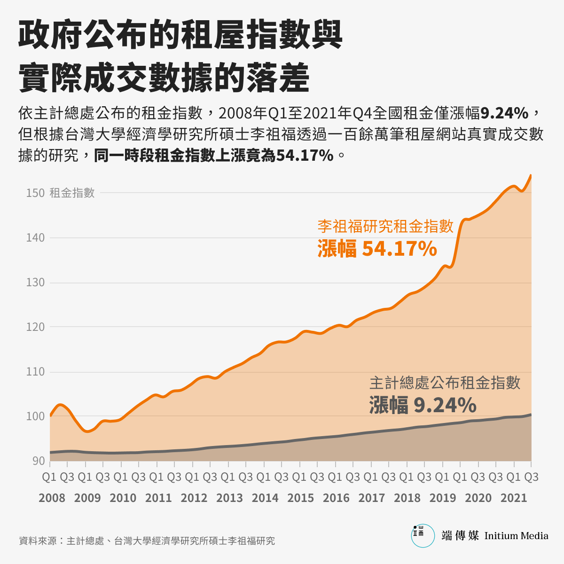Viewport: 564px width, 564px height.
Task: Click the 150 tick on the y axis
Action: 35,193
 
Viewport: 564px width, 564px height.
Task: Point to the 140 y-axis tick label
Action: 35,238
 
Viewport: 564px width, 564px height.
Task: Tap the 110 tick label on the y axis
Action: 35,372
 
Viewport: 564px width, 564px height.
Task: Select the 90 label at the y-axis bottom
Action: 39,461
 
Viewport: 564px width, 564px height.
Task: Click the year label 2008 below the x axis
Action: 52,498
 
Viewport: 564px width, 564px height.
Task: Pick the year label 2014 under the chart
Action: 265,498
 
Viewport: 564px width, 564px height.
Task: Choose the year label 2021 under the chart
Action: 514,498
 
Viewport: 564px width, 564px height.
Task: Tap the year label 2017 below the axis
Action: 372,498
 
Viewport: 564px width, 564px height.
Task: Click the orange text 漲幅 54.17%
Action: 377,249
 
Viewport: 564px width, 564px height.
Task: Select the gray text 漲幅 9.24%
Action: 423,405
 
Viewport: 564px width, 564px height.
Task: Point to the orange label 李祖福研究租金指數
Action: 385,226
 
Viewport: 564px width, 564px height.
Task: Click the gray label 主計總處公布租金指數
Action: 445,383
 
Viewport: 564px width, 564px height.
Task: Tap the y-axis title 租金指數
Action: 72,193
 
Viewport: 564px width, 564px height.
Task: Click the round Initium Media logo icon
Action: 423,536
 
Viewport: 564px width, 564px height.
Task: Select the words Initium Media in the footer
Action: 516,536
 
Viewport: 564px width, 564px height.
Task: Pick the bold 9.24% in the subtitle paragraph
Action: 504,113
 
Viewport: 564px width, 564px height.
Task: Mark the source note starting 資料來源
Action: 147,541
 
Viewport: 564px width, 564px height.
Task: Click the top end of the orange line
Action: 531,175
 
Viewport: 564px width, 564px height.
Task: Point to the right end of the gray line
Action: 531,415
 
